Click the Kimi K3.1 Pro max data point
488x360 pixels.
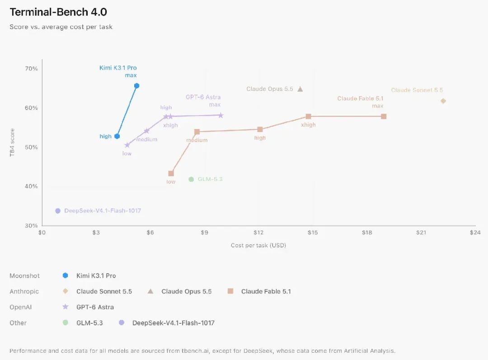[x=136, y=85]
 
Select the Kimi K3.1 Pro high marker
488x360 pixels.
[x=117, y=136]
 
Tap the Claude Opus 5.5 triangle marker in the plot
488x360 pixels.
[x=300, y=89]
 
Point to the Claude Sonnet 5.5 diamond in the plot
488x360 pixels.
[x=443, y=101]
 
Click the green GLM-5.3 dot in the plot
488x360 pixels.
[x=192, y=179]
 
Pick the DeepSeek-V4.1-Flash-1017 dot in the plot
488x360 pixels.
[x=58, y=211]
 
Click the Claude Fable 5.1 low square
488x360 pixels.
[x=171, y=174]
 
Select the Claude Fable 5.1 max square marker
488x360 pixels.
[x=384, y=117]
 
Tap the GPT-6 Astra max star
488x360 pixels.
[x=221, y=115]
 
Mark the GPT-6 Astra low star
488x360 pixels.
[x=127, y=145]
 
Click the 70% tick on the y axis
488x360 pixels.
[x=32, y=68]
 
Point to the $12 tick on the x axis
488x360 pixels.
[x=258, y=232]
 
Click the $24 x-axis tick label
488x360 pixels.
[x=475, y=232]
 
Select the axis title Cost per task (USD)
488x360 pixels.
[x=258, y=246]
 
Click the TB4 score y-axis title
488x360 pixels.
[x=12, y=142]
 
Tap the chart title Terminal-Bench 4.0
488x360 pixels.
[x=58, y=12]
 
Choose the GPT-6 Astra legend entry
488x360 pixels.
[x=95, y=307]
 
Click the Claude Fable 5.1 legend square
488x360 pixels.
[x=230, y=291]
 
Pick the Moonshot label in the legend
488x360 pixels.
[x=24, y=275]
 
